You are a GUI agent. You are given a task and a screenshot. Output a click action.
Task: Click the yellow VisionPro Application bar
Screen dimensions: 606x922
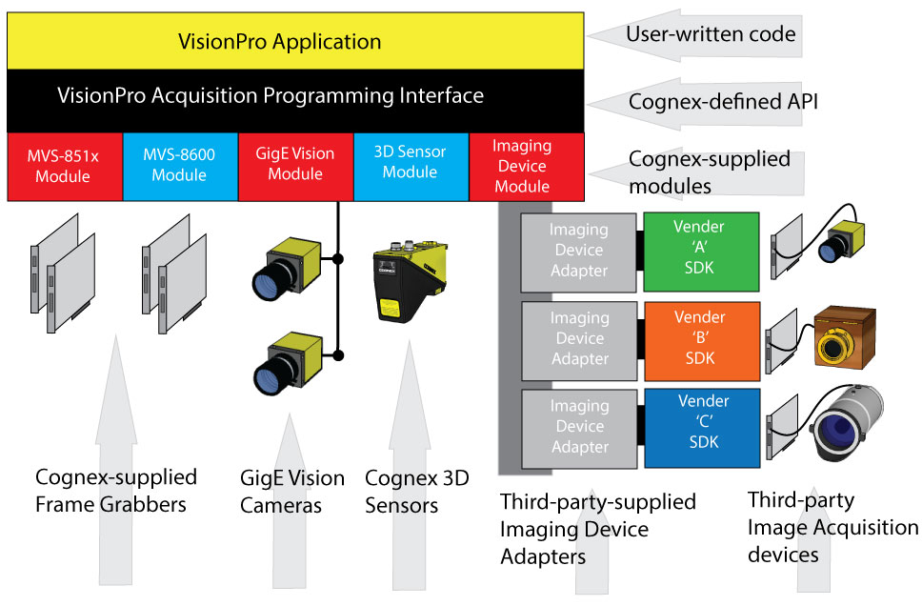point(295,42)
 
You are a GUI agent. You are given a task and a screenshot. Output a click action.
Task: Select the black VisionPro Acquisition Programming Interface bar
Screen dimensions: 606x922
point(295,96)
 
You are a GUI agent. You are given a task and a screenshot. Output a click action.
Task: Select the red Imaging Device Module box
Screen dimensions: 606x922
point(522,166)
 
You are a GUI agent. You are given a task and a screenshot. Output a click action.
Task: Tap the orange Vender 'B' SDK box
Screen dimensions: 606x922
point(700,338)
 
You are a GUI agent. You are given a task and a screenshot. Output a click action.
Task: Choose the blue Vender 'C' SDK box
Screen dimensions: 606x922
point(700,426)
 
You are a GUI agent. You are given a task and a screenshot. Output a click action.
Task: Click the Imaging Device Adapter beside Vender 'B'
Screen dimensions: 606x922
point(579,338)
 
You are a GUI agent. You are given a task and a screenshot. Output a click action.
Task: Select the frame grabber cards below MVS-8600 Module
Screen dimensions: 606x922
point(178,276)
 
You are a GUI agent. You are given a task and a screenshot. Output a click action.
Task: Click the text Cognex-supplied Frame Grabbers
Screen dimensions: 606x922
point(115,488)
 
